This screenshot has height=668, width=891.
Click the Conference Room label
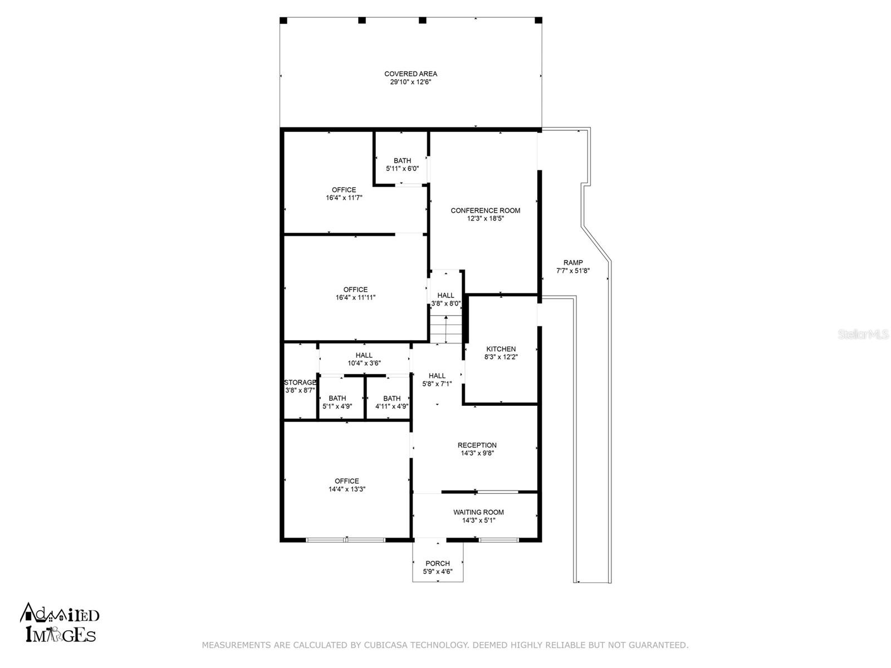[x=485, y=210]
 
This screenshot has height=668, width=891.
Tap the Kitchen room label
[x=501, y=349]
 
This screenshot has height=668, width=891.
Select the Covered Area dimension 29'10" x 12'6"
[x=410, y=82]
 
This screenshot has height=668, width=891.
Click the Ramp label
[x=573, y=263]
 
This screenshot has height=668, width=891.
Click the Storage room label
[x=300, y=382]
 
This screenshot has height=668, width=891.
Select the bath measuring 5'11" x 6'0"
[x=402, y=164]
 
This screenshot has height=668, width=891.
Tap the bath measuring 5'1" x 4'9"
[x=337, y=402]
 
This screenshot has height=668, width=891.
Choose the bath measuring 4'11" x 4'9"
[x=391, y=402]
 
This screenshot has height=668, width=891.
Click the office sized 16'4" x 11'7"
[x=344, y=193]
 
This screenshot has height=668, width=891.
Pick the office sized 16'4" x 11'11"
[x=355, y=293]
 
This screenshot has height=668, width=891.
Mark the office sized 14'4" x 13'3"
[x=346, y=485]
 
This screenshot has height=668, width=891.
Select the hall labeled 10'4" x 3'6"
[x=364, y=359]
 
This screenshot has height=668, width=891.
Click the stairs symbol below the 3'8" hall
[x=445, y=330]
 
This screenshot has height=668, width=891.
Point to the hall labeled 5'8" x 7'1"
[x=437, y=380]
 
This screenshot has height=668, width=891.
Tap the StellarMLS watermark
[x=863, y=335]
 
